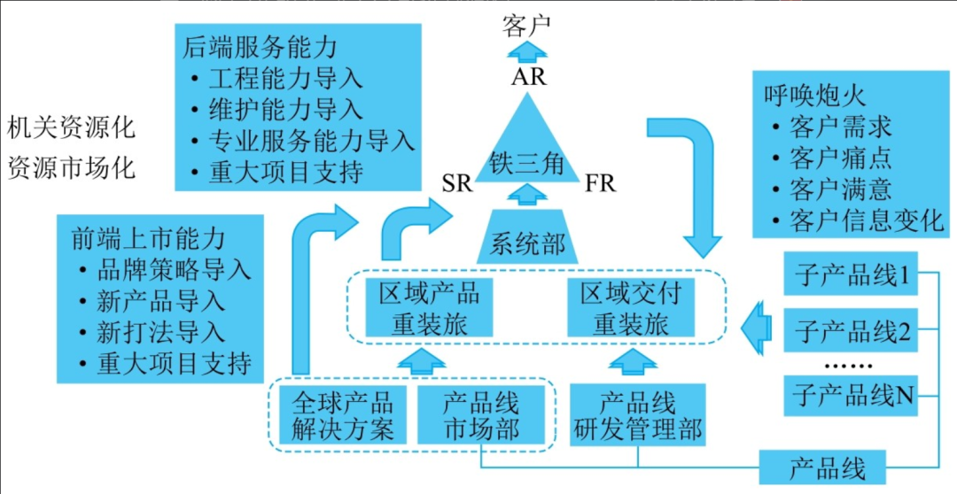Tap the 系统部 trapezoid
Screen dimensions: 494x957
528,240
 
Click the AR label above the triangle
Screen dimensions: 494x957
529,77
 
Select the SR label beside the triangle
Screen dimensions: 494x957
457,185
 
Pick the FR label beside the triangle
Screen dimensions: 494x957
600,185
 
